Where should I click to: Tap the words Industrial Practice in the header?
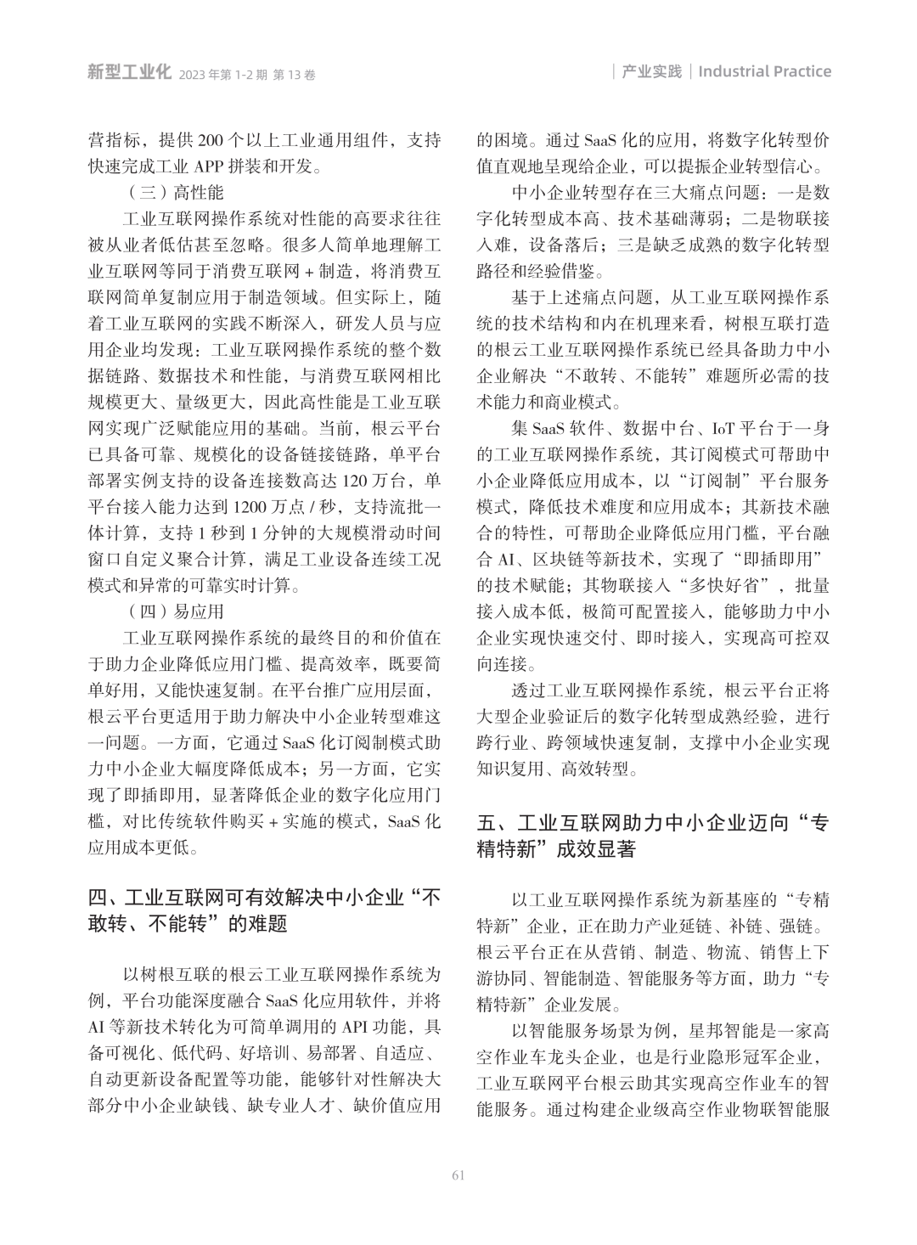coord(764,71)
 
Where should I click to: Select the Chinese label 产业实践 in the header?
coord(651,71)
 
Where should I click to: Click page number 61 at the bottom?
coord(458,1175)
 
